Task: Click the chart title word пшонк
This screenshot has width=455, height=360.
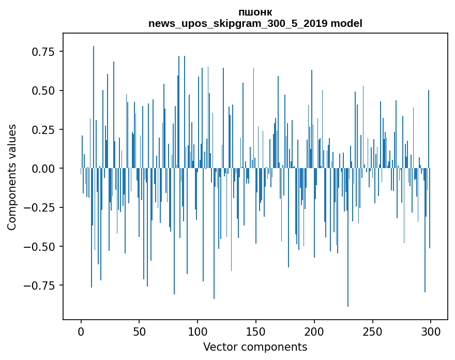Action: [255, 12]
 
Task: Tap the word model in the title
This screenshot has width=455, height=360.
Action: [346, 24]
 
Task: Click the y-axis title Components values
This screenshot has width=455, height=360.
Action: [12, 177]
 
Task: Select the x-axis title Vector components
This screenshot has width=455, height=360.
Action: [255, 347]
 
